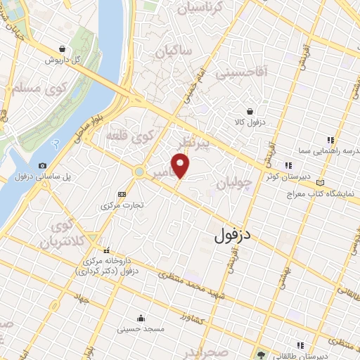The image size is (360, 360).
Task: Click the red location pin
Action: click(181, 166)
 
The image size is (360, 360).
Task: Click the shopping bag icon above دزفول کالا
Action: click(250, 110)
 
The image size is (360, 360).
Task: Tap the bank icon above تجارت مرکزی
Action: click(122, 194)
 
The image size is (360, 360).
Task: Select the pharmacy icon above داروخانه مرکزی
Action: click(107, 250)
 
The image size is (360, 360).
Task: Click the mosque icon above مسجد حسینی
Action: click(143, 317)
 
